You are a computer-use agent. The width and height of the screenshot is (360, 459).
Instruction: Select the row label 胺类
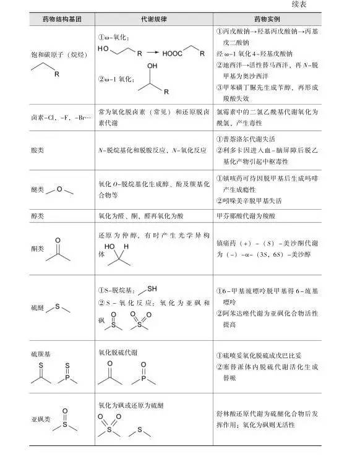click(37, 149)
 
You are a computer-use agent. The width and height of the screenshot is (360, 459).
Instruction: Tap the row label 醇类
click(37, 215)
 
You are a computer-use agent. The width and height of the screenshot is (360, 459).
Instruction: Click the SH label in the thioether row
click(152, 289)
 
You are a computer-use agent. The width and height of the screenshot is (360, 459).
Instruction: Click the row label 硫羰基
click(39, 353)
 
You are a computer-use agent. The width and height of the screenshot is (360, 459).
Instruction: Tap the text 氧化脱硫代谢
click(118, 353)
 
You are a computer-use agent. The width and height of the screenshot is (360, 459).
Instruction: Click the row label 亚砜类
click(38, 418)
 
